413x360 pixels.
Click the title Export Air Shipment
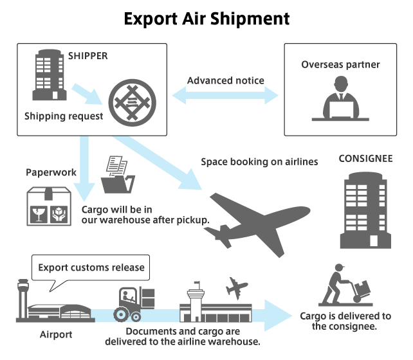tap(206, 19)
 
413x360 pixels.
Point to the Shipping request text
tap(64, 116)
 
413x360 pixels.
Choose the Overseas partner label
tap(340, 64)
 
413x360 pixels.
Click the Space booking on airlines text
tap(259, 161)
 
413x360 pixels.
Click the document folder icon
tap(118, 175)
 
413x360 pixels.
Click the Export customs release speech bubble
tap(90, 267)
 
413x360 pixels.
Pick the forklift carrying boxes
tap(134, 303)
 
